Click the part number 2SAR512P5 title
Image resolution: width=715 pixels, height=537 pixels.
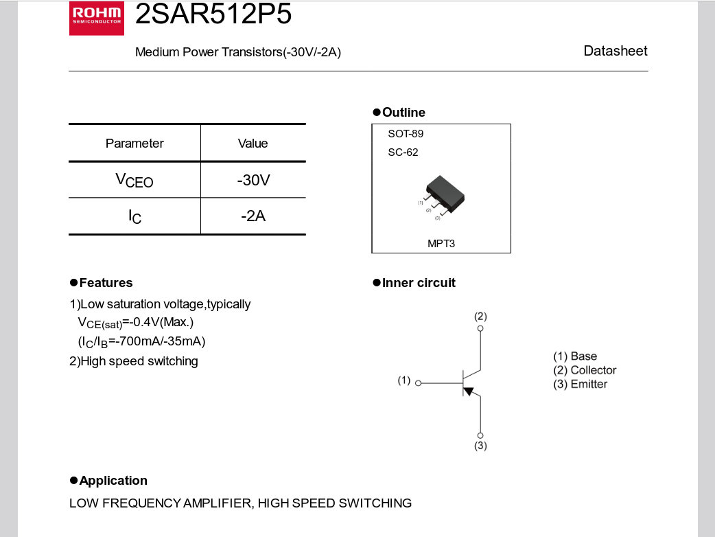coord(213,14)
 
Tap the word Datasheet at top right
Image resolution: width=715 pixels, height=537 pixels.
coord(615,51)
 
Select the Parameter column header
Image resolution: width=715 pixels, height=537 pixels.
coord(134,144)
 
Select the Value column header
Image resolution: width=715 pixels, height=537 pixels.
coord(253,144)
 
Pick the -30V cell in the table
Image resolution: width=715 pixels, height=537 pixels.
coord(253,181)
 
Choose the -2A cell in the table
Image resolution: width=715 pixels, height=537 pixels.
coord(253,216)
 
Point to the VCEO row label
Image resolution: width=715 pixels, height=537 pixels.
coord(134,181)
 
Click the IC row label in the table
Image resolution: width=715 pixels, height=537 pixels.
coord(134,217)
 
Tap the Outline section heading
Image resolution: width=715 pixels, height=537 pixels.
coord(403,113)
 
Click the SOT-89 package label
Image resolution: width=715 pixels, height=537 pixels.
coord(406,134)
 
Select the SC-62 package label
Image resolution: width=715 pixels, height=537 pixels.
coord(403,152)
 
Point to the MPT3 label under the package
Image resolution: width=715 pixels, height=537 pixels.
coord(441,243)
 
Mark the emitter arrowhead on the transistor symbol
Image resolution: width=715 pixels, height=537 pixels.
coord(469,391)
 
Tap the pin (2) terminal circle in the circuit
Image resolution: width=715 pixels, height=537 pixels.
coord(480,328)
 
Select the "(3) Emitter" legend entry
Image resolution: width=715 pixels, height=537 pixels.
coord(580,384)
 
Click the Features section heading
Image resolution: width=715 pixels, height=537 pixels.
coord(106,283)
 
